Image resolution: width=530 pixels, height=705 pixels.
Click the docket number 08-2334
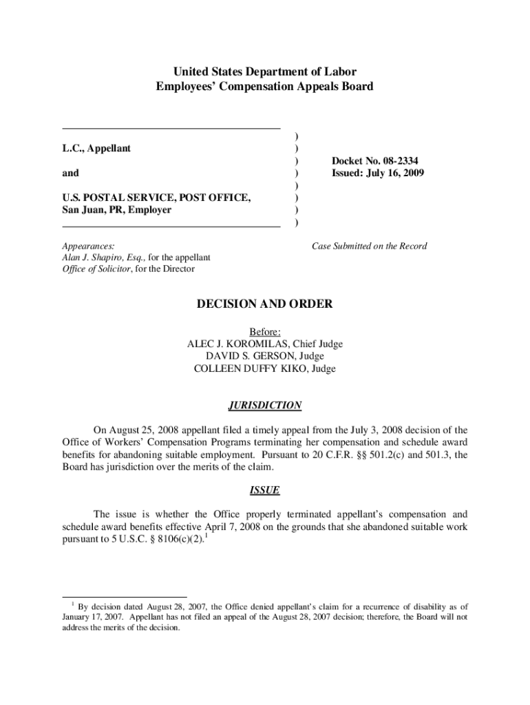click(395, 160)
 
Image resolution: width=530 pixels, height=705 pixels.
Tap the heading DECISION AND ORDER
click(265, 304)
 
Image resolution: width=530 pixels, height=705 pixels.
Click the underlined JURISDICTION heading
click(265, 406)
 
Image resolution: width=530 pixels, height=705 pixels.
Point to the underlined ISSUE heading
click(265, 491)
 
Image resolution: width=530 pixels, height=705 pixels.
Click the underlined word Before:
click(265, 332)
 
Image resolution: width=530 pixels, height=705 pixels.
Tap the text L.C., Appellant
click(96, 148)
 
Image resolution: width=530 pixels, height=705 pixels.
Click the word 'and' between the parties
click(70, 173)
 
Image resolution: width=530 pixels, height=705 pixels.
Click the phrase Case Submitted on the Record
click(369, 246)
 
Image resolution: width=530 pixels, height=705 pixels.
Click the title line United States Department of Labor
click(265, 72)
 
